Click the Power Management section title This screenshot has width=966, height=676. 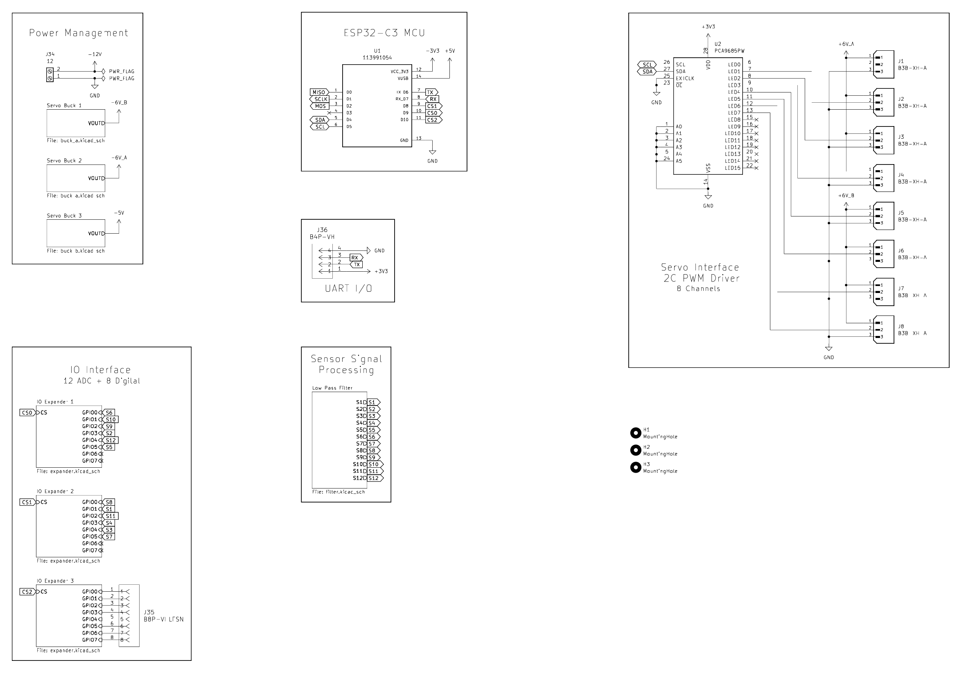[78, 33]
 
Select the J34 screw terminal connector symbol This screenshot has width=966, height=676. [50, 75]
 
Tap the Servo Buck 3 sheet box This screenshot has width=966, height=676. [76, 233]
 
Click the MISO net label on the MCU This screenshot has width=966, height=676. [318, 92]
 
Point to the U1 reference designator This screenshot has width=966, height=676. [377, 51]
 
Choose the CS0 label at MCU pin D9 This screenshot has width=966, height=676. [433, 113]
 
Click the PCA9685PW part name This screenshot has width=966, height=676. [729, 51]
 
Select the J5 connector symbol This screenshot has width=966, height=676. [884, 216]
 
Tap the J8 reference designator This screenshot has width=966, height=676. [901, 327]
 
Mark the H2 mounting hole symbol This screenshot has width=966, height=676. [635, 450]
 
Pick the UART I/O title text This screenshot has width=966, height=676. [348, 288]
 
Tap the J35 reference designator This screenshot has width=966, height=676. [149, 613]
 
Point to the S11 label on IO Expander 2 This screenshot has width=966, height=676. [110, 516]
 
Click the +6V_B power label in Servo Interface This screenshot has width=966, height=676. [846, 196]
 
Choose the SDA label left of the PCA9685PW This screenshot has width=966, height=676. [647, 72]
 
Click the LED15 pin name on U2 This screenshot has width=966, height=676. [733, 168]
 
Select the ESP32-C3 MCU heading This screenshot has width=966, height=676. [384, 33]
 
